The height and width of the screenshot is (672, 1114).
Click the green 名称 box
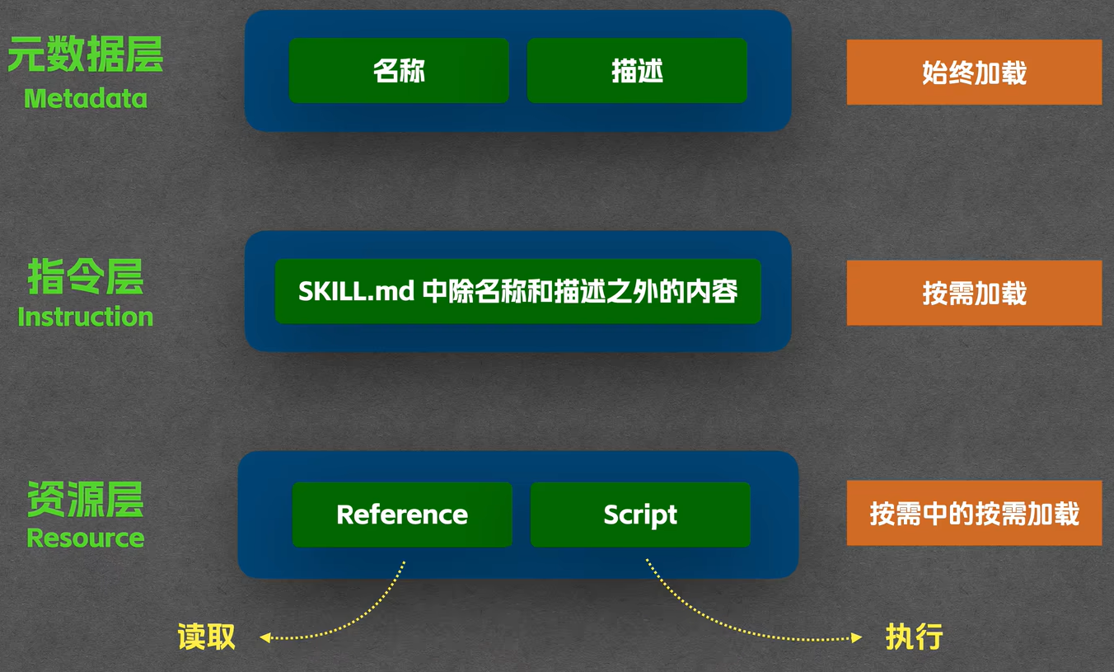point(399,71)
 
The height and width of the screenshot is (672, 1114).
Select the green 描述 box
point(637,71)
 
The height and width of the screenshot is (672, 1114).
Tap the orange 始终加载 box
point(974,73)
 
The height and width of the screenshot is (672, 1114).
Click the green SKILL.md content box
point(517,291)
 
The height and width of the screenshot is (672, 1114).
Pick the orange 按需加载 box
point(974,293)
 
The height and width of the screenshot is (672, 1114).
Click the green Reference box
point(402,515)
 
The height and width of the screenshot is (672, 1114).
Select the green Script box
point(640,515)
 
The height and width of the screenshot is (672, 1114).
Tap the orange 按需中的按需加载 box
point(974,513)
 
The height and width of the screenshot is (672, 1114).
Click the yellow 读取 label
point(206,637)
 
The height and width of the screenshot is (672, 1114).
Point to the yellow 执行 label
point(914,637)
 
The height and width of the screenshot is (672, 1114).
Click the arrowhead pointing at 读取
point(265,637)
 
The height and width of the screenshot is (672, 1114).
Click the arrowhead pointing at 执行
point(856,637)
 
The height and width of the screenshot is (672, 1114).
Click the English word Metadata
point(86,99)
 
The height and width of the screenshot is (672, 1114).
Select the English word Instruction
point(86,317)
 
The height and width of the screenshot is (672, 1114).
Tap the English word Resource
point(86,538)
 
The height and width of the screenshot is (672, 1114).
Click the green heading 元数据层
point(86,54)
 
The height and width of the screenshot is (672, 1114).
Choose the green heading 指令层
point(86,276)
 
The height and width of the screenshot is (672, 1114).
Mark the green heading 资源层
point(86,500)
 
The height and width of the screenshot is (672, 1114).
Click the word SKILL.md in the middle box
point(356,291)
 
